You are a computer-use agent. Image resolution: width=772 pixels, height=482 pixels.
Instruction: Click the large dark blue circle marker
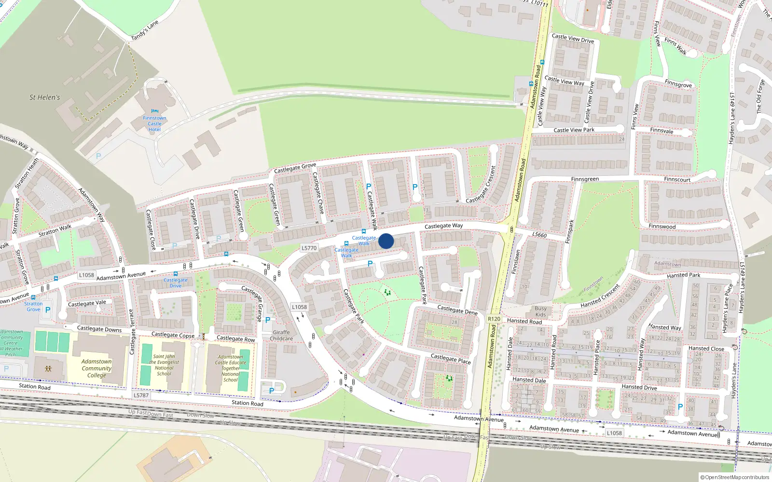[386, 241]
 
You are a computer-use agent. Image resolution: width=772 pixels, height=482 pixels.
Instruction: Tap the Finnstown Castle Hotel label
[154, 124]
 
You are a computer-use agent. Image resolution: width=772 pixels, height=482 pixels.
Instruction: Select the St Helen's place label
[45, 97]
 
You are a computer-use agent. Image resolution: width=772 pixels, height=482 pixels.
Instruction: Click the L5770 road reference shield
[309, 248]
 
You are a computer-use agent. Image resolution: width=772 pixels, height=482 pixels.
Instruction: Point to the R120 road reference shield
[494, 319]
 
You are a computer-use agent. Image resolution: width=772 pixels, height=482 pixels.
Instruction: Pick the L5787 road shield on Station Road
[141, 395]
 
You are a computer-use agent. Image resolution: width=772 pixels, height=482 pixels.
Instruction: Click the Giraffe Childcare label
[281, 335]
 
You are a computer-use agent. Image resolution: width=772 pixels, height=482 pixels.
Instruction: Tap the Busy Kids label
[541, 311]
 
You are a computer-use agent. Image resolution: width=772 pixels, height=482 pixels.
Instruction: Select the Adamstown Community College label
[96, 368]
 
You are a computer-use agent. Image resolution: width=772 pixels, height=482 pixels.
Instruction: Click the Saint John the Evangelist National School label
[164, 365]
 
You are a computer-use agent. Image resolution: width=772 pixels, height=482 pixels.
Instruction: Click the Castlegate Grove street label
[295, 168]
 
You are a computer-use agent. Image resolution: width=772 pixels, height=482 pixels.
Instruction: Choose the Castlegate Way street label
[443, 226]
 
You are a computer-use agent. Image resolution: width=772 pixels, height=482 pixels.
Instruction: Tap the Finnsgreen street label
[585, 179]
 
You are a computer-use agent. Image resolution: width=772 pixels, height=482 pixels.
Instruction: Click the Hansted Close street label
[706, 348]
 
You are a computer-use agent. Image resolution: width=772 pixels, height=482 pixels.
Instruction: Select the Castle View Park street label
[574, 130]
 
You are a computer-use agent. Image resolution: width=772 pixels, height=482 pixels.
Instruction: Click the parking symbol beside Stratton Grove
[48, 310]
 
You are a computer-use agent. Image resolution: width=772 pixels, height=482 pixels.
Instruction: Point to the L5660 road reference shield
[539, 235]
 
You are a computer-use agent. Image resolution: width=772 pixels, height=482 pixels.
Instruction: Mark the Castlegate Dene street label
[457, 309]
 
